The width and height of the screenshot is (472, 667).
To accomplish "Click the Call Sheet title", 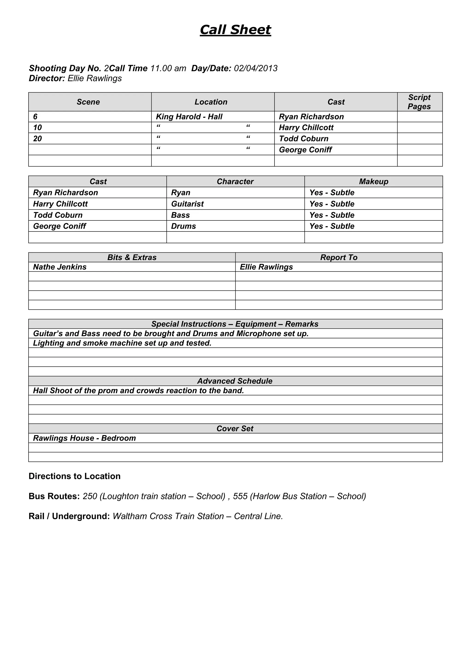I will [x=235, y=30].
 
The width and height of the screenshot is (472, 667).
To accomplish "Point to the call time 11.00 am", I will [x=168, y=68].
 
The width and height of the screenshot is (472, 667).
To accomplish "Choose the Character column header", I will [x=235, y=181].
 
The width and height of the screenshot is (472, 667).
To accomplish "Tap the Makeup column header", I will [x=373, y=181].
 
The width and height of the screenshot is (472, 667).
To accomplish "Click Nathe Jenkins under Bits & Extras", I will [x=60, y=267].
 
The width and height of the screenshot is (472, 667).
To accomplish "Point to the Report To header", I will [x=339, y=257].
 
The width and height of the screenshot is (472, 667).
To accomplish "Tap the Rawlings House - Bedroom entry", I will [x=84, y=438].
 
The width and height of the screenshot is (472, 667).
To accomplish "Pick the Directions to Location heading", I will [x=74, y=476].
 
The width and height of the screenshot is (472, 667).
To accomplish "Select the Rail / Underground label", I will [x=69, y=516].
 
